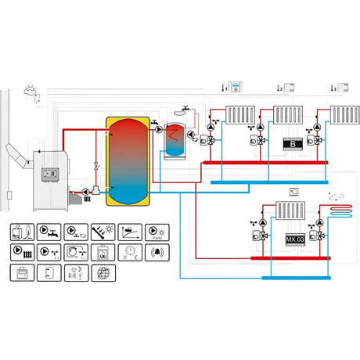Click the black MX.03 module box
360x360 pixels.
click(x=294, y=238)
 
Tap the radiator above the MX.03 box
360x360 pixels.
click(x=292, y=211)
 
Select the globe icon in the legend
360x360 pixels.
click(x=100, y=273)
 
